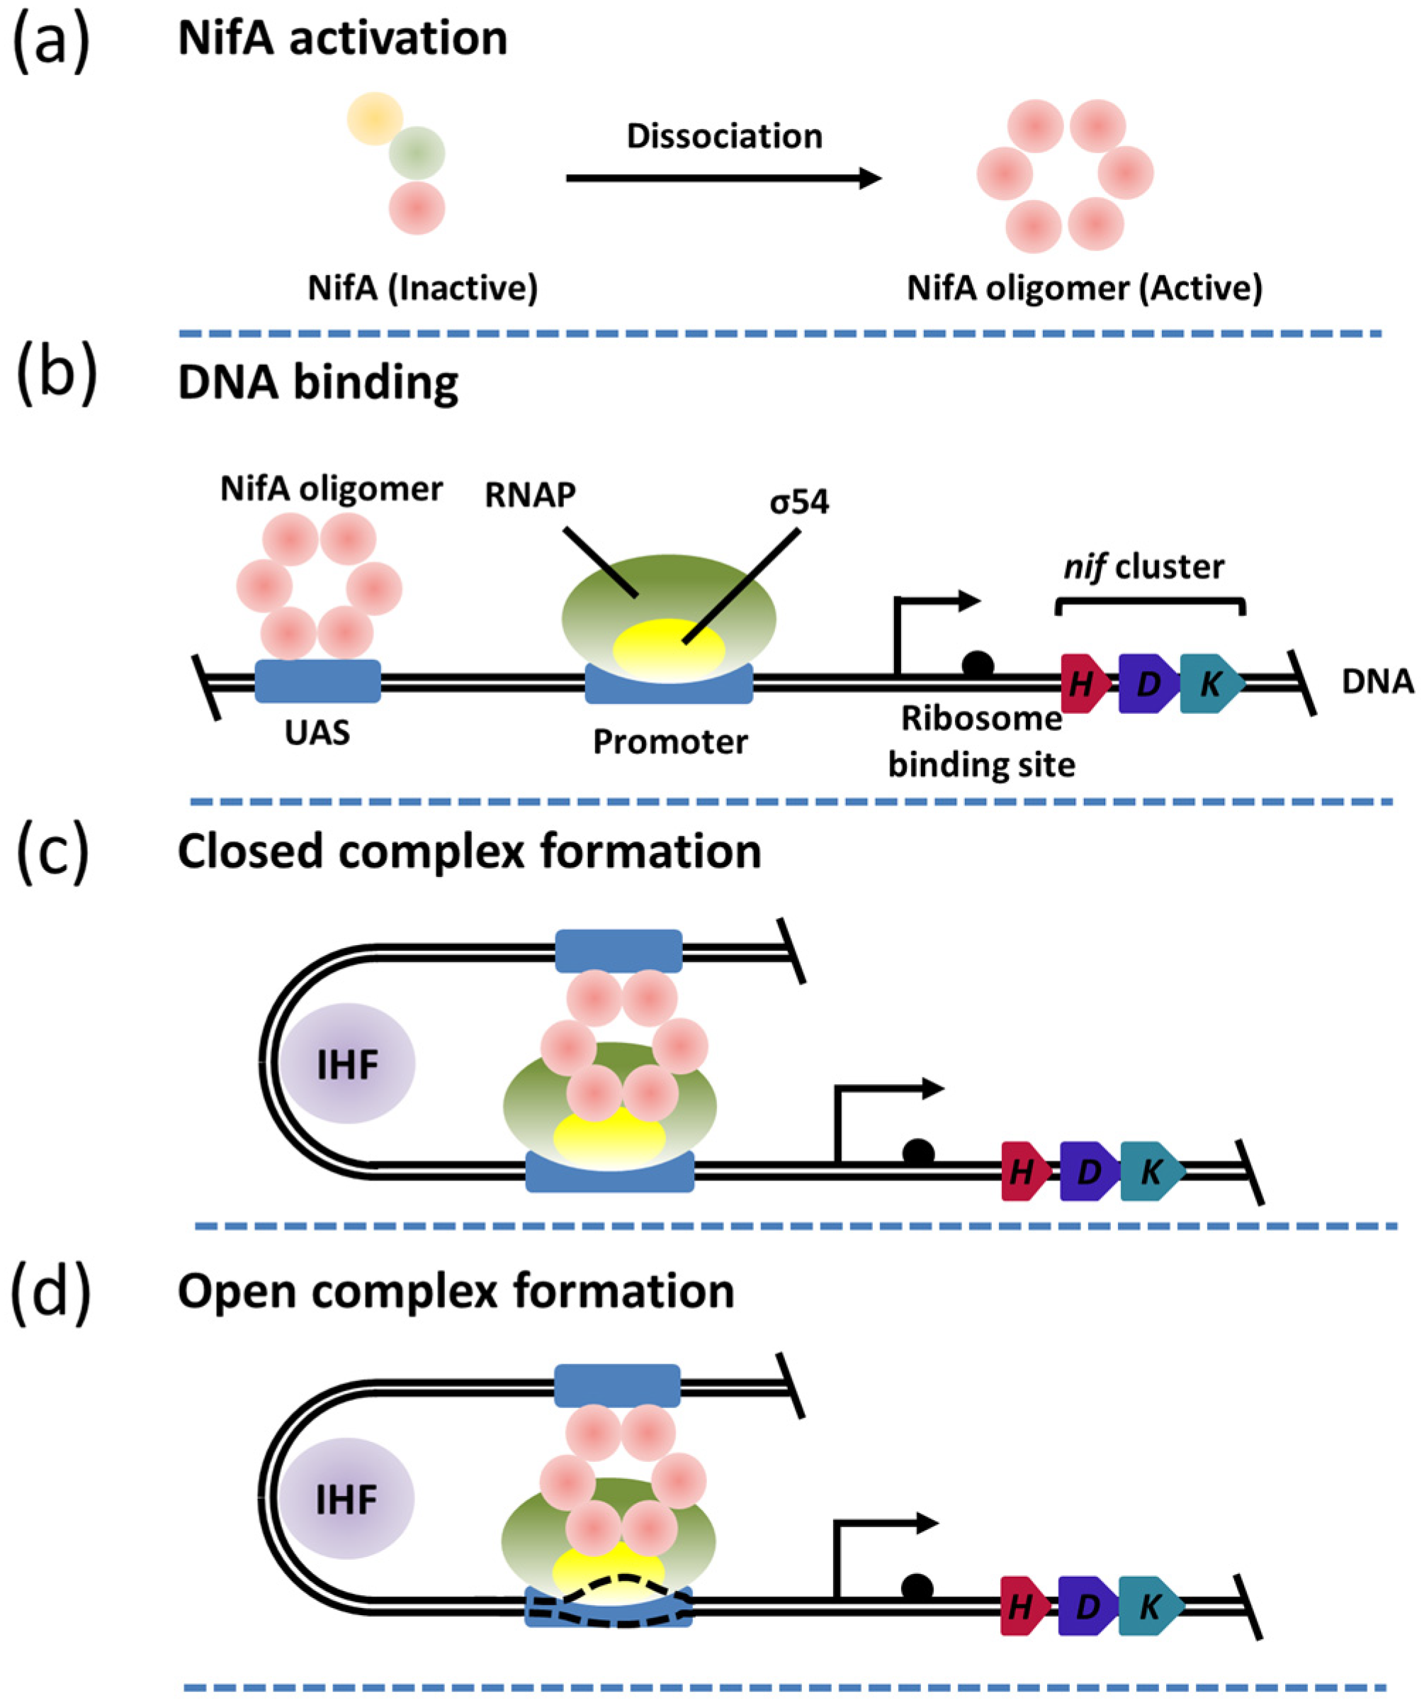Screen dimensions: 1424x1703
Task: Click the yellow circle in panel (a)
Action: click(x=375, y=118)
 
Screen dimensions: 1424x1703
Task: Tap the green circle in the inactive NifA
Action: click(x=417, y=152)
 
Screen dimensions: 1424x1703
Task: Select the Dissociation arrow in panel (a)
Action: click(x=724, y=177)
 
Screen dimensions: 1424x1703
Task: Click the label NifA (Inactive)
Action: click(x=422, y=288)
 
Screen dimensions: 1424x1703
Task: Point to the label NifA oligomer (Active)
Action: click(x=1085, y=288)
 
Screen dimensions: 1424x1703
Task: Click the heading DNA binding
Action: click(x=317, y=382)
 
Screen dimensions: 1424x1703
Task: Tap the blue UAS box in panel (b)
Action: click(x=317, y=681)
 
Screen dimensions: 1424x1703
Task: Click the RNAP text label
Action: click(x=530, y=496)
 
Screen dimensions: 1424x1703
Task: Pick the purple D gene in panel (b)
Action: click(x=1148, y=683)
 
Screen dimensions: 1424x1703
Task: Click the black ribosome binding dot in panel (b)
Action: click(x=978, y=665)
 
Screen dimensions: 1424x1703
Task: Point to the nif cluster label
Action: click(x=1143, y=566)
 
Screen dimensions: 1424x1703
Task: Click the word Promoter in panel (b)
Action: click(x=670, y=741)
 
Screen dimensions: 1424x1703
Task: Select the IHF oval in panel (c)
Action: click(x=349, y=1063)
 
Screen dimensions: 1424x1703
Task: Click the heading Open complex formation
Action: click(x=456, y=1291)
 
